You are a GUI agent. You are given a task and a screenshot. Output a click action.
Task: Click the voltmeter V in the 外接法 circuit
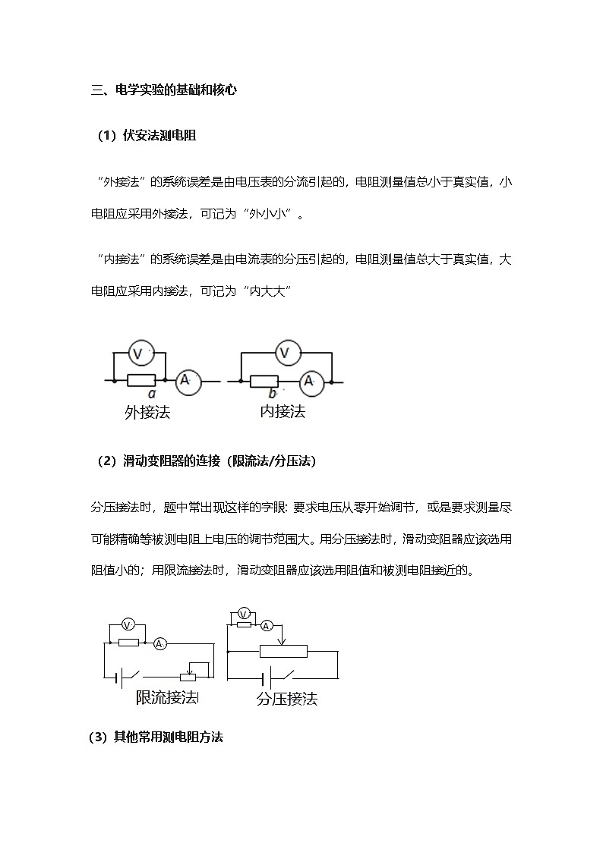coord(139,353)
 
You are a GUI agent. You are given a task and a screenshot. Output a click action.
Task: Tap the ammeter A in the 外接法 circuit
coord(188,380)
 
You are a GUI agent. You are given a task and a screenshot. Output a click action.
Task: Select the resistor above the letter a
coord(141,380)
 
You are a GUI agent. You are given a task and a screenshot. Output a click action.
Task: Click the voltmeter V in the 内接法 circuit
coord(286,353)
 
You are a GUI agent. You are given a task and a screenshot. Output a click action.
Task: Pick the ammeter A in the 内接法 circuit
coord(309,381)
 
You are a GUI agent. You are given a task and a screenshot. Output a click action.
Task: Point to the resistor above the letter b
coord(264,381)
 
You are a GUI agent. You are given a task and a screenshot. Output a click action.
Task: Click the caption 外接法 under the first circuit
coord(147,412)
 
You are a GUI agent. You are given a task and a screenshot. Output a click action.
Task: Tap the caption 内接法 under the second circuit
coord(283,411)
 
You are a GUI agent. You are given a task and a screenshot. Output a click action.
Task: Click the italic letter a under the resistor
coord(151,395)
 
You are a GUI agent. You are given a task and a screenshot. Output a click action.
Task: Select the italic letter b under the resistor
coord(273,394)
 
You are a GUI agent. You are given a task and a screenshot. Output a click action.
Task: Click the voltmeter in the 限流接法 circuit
coord(128,624)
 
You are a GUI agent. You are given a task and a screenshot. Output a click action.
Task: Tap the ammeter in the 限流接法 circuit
coord(159,643)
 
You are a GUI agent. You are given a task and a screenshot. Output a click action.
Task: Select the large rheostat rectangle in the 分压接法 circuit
coord(283,651)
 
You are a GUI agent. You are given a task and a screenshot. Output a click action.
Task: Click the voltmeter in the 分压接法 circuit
coord(244,612)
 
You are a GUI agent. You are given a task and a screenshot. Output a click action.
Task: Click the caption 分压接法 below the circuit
coord(286,699)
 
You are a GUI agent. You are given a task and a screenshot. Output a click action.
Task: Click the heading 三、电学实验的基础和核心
coord(164,90)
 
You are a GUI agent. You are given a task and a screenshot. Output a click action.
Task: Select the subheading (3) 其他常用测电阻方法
coord(156,737)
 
